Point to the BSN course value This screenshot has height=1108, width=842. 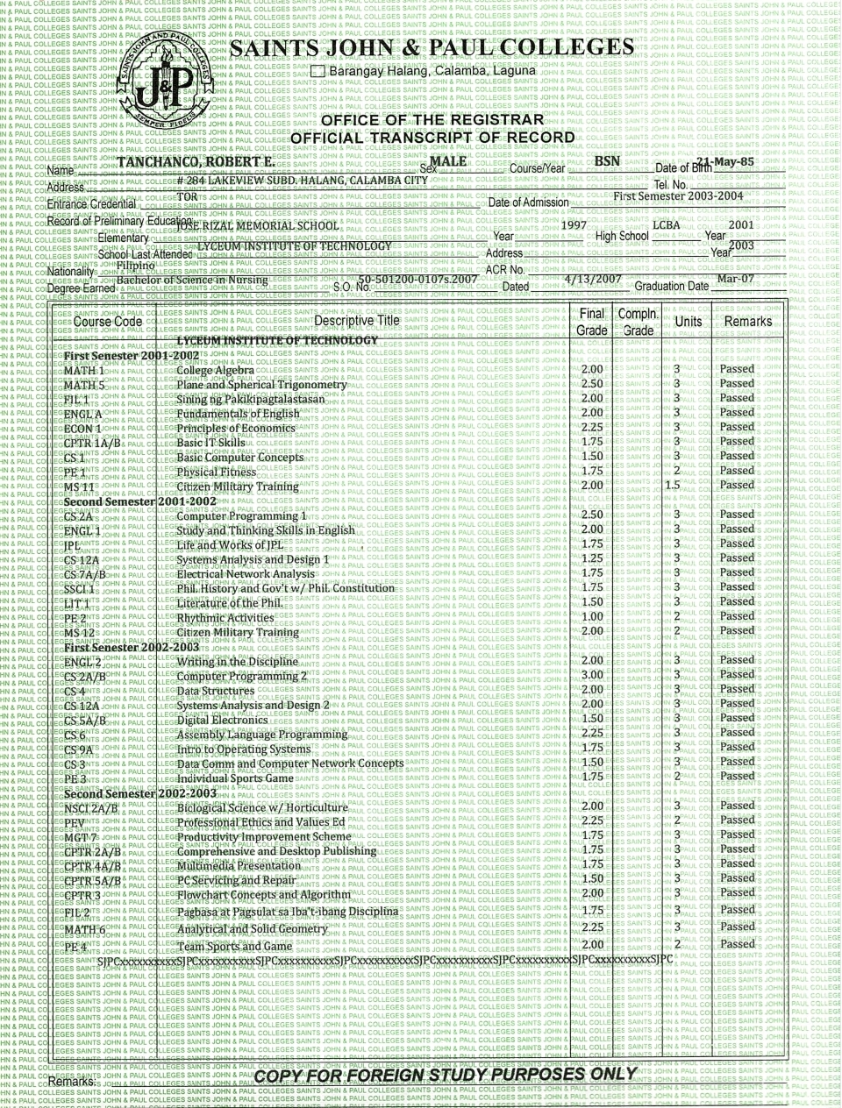point(607,161)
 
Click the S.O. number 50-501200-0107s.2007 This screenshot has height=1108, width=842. point(417,280)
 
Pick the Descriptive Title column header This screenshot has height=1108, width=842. point(356,321)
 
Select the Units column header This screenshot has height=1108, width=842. point(688,321)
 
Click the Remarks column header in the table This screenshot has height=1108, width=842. point(747,321)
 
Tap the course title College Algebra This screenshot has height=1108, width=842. point(216,370)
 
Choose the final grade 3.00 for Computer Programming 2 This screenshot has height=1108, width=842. point(592,675)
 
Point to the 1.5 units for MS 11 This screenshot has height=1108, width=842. point(673,485)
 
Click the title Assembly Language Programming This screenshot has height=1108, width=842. point(262,735)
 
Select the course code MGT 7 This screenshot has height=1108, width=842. point(81,838)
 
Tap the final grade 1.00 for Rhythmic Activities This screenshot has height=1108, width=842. point(592,616)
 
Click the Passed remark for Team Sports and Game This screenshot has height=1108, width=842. point(737,944)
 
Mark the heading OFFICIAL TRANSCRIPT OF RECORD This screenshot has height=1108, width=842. point(432,138)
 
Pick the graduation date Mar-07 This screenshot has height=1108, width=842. point(735,280)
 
